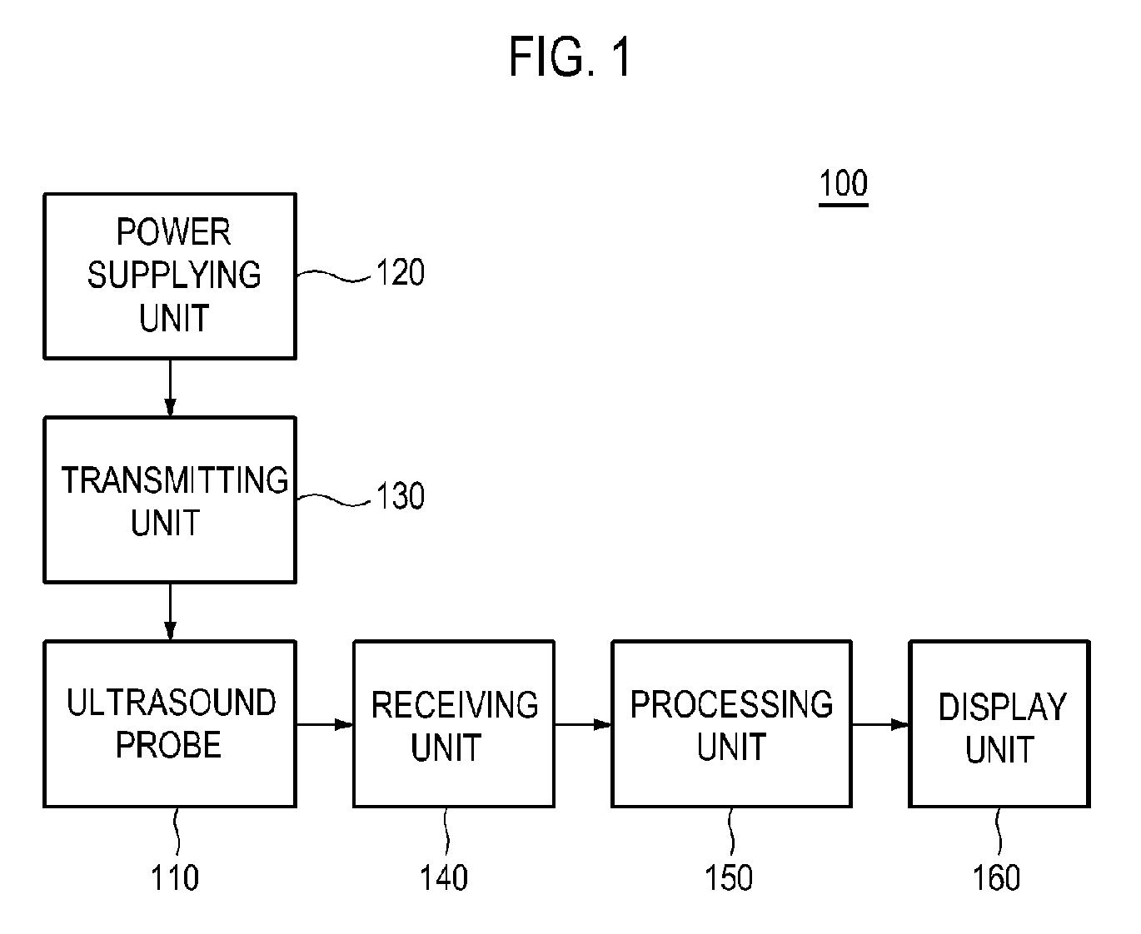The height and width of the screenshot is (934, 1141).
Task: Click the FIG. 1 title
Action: (570, 57)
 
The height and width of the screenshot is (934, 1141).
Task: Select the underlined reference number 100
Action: (843, 184)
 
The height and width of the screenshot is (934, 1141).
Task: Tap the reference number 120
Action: (400, 272)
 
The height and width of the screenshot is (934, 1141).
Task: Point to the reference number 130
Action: (400, 495)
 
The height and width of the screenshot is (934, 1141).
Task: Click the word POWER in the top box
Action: (173, 232)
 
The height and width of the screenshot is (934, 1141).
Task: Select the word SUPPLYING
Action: (174, 275)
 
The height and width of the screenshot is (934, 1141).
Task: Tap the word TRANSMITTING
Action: (175, 480)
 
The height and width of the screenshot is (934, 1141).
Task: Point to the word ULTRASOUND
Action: (171, 703)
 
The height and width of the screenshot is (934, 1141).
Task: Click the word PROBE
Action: (168, 745)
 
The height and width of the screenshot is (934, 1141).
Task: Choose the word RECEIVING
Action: (455, 705)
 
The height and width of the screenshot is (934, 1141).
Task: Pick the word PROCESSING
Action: (731, 704)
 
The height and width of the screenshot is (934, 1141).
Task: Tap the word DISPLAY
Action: (1003, 707)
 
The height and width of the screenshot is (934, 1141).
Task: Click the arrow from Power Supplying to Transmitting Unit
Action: (170, 388)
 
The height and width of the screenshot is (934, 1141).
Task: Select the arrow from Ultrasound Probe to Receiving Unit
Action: (325, 724)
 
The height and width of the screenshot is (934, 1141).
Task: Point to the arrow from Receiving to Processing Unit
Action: (583, 724)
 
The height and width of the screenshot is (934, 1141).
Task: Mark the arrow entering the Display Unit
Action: (881, 724)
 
